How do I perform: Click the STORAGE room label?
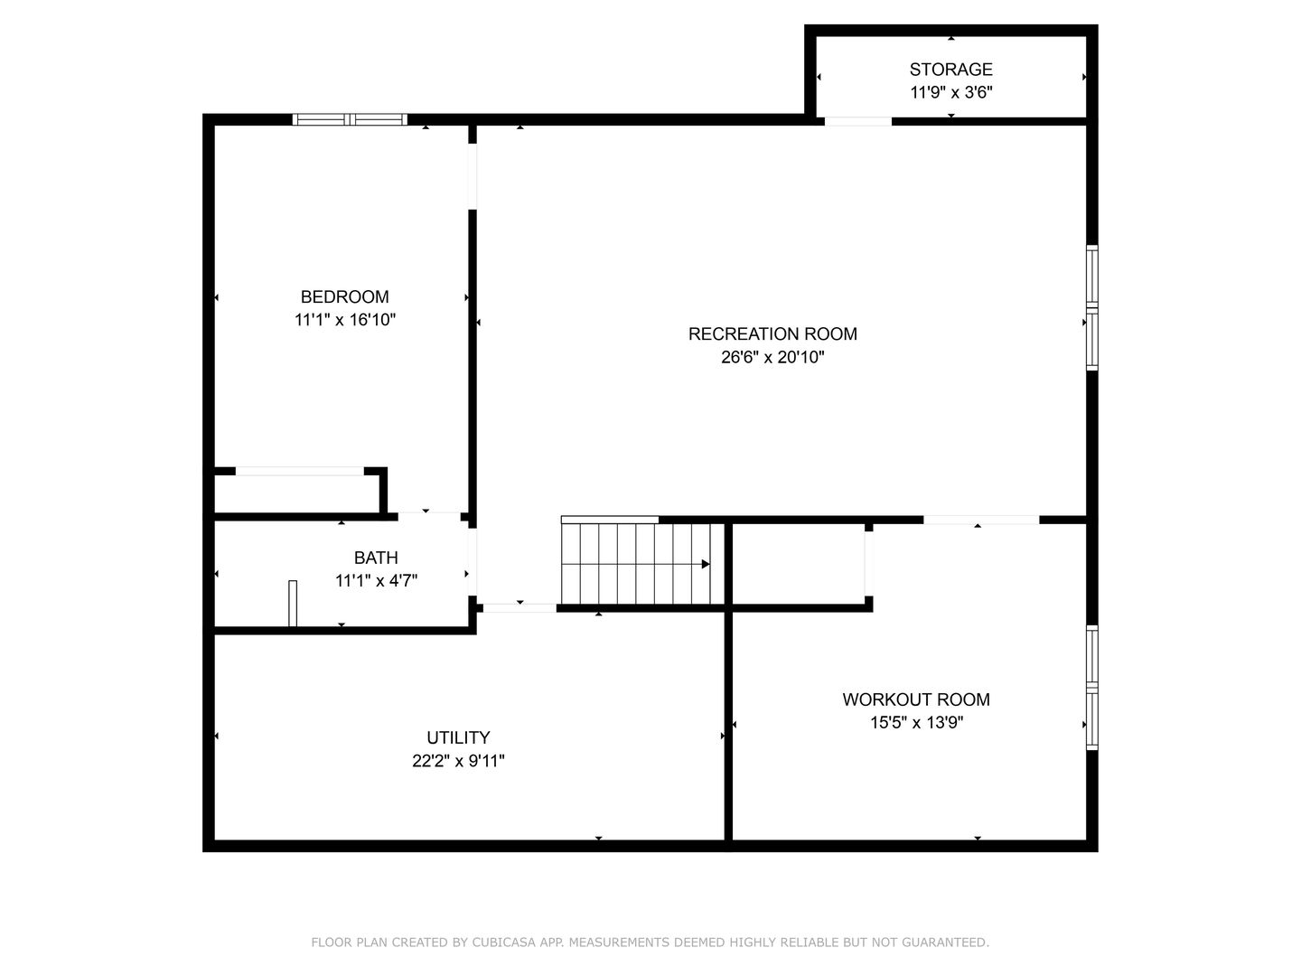coord(950,70)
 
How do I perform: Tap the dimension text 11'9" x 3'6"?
coord(950,92)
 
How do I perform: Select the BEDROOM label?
coord(344,297)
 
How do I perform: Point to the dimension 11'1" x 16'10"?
coord(344,320)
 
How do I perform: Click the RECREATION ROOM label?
coord(772,334)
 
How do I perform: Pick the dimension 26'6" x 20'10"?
coord(772,358)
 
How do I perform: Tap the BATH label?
coord(376,558)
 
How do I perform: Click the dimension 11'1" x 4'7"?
coord(376,581)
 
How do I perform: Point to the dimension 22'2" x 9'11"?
coord(458,761)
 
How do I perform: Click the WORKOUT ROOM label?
coord(916,700)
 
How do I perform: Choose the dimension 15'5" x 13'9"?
coord(916,723)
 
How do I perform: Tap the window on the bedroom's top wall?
coord(350,119)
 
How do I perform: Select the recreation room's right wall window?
coord(1092,308)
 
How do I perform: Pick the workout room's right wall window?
coord(1092,688)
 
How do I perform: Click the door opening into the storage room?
coord(857,121)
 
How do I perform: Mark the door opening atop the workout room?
coord(981,520)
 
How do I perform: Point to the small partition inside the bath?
coord(293,603)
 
